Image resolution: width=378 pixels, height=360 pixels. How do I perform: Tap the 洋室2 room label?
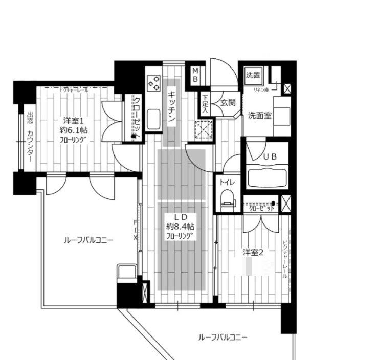(253, 252)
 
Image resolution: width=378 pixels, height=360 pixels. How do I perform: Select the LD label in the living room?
(180, 216)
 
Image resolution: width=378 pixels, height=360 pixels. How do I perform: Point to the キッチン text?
(172, 107)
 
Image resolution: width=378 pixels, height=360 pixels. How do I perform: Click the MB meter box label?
(195, 75)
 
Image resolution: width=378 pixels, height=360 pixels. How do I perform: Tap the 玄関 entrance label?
(228, 103)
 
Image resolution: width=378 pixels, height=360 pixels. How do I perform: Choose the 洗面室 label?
(259, 115)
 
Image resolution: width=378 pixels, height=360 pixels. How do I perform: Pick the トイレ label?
(227, 181)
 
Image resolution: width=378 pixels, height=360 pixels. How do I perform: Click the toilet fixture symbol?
(227, 198)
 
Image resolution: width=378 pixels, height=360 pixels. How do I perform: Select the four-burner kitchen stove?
(153, 82)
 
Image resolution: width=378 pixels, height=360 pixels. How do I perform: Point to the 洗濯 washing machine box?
(253, 76)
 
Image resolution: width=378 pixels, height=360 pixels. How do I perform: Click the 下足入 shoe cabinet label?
(205, 103)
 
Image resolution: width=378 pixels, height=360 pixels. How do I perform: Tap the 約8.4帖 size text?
(180, 226)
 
